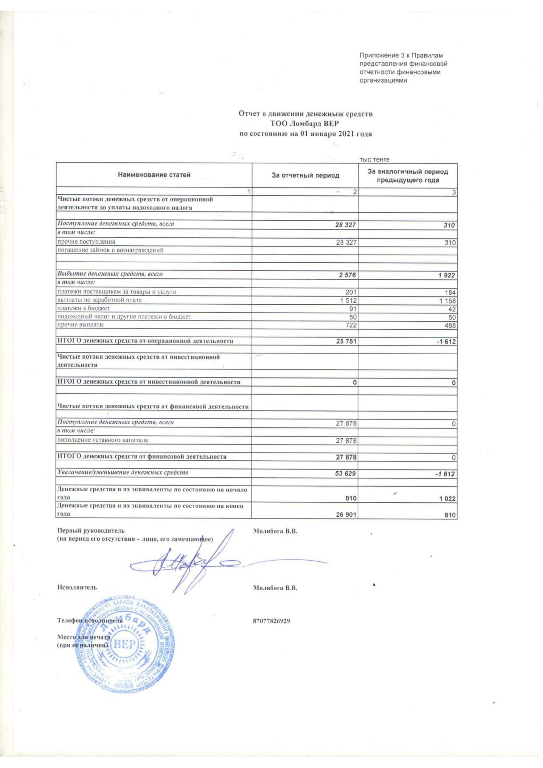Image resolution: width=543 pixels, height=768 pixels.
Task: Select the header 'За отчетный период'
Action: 305,175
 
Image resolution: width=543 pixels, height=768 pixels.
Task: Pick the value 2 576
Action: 348,275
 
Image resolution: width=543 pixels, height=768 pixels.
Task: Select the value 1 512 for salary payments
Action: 349,300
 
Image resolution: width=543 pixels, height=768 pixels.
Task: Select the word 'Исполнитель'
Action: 77,587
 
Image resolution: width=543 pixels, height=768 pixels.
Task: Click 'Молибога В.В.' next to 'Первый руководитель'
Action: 275,532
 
